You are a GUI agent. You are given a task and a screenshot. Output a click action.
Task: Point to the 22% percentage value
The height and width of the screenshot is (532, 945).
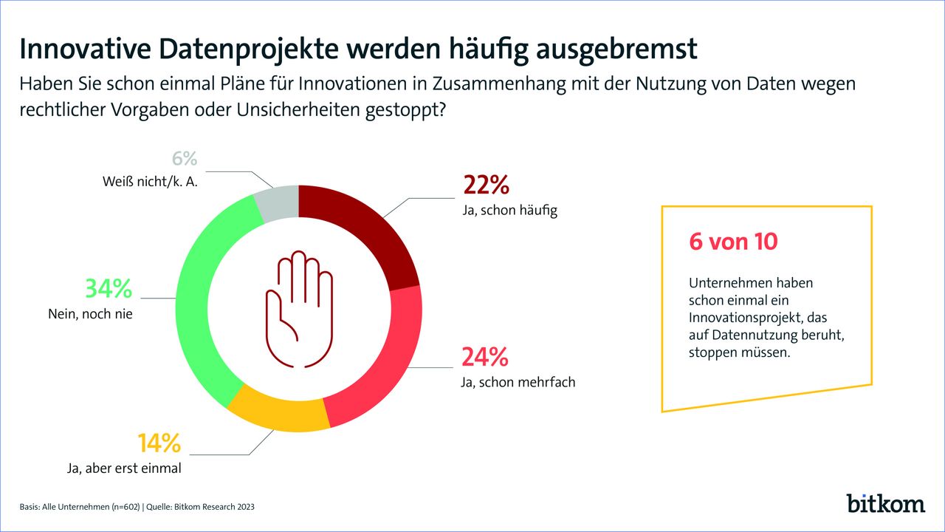point(485,185)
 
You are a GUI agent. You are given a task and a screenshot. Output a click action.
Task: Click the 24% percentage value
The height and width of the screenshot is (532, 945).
point(485,358)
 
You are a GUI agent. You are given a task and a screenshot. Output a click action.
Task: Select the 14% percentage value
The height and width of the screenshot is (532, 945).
point(159,443)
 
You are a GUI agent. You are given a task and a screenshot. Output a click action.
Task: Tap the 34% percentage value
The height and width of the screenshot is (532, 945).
point(108,287)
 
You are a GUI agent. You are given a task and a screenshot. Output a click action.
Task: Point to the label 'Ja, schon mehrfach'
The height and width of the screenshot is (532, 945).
point(518,383)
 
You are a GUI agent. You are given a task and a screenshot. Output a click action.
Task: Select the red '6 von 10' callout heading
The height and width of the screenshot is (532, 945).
point(733,241)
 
